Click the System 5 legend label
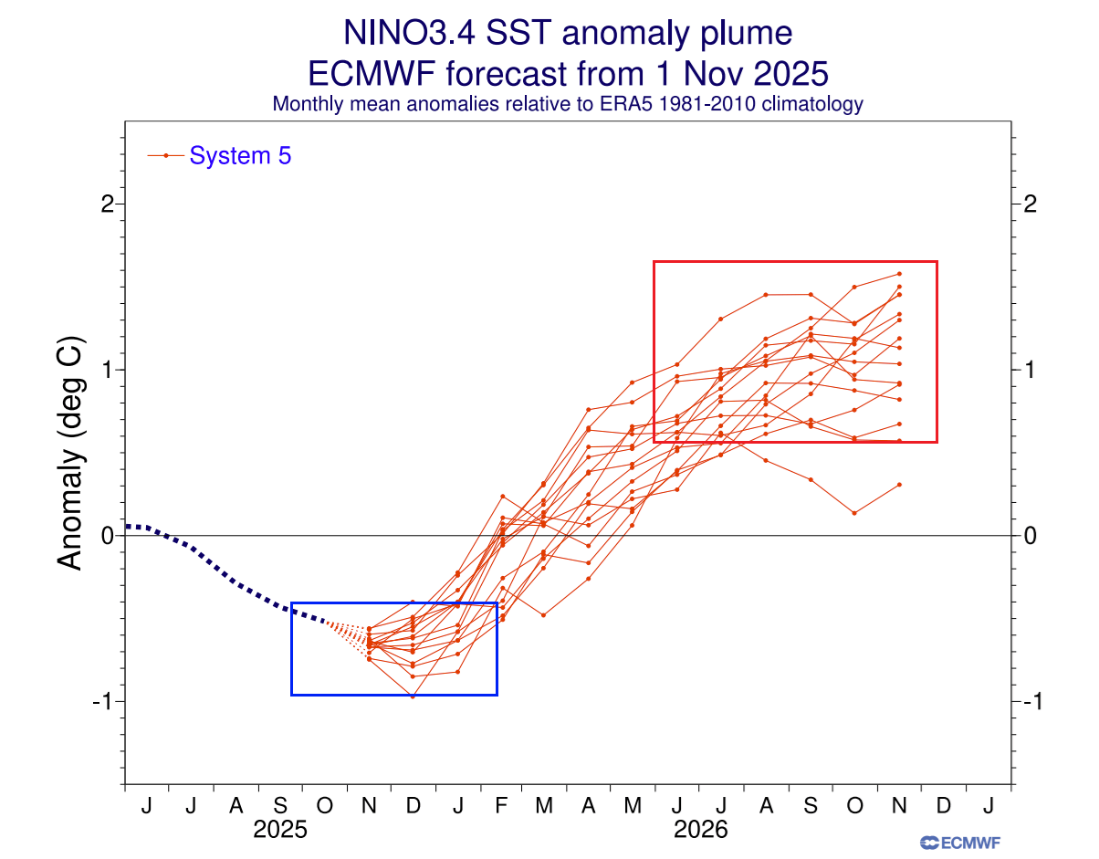(x=240, y=156)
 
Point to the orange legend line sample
(x=165, y=156)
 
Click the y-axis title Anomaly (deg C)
(x=70, y=454)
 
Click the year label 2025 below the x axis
(x=279, y=831)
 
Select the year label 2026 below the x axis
(x=700, y=831)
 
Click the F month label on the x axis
(x=501, y=805)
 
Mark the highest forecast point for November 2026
(x=899, y=273)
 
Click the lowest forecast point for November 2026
(x=899, y=485)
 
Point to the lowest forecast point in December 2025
(x=413, y=697)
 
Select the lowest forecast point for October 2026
(x=854, y=513)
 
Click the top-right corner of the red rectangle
(x=937, y=262)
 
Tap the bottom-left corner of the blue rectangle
(x=291, y=695)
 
